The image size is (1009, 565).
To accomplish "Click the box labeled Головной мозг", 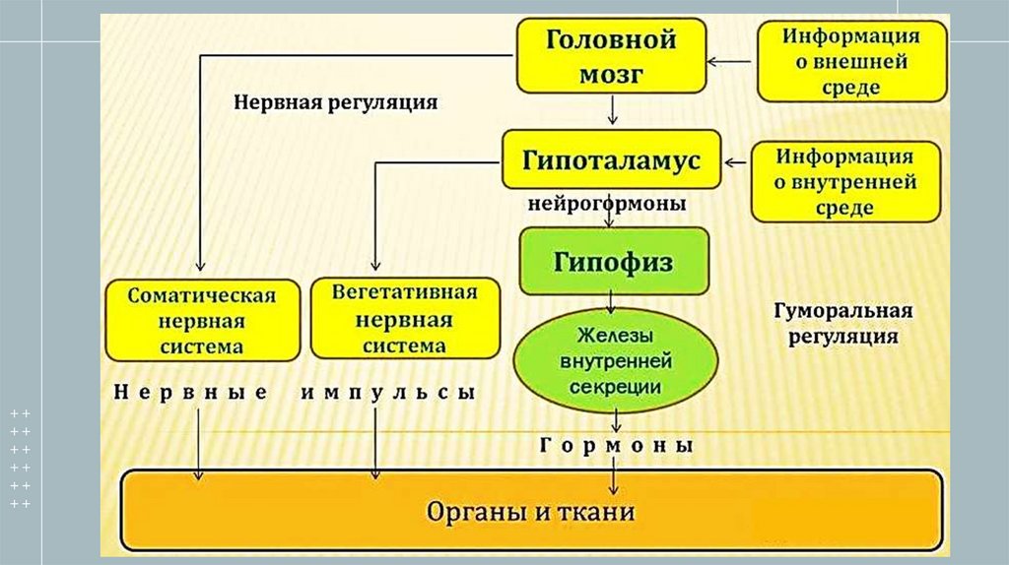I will pyautogui.click(x=612, y=56).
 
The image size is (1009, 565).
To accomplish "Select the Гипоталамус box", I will pyautogui.click(x=614, y=159).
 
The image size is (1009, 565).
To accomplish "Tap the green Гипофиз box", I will pyautogui.click(x=614, y=261).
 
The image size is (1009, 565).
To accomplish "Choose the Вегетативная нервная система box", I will pyautogui.click(x=404, y=319).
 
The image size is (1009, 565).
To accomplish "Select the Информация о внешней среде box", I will pyautogui.click(x=851, y=61).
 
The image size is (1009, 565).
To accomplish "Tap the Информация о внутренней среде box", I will pyautogui.click(x=844, y=182).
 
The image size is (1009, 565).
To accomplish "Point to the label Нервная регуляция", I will pyautogui.click(x=335, y=101).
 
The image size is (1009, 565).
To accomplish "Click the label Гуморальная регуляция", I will pyautogui.click(x=842, y=323).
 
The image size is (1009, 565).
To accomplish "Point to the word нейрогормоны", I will pyautogui.click(x=607, y=205).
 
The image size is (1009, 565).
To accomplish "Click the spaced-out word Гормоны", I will pyautogui.click(x=618, y=446).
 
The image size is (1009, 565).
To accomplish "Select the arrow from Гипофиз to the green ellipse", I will pyautogui.click(x=613, y=303).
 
